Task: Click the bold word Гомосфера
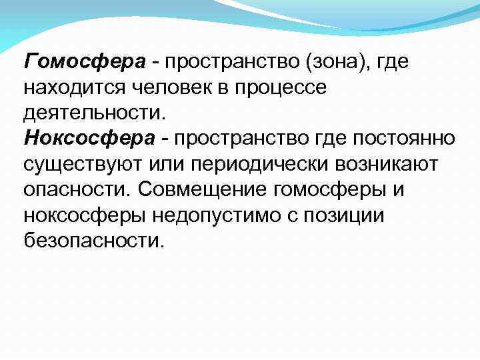pyautogui.click(x=84, y=62)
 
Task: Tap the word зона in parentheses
pyautogui.click(x=339, y=62)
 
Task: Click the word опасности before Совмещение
pyautogui.click(x=77, y=189)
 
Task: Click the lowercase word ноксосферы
pyautogui.click(x=86, y=214)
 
